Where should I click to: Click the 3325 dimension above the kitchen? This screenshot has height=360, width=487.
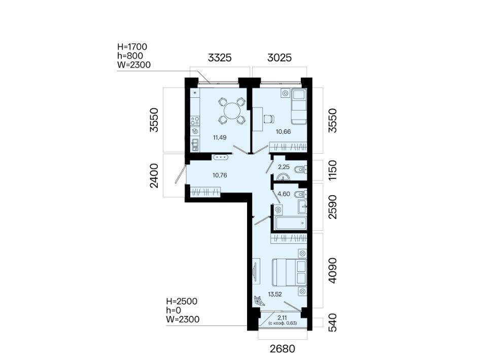coord(220,58)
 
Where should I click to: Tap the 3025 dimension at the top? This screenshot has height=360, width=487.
coord(280,58)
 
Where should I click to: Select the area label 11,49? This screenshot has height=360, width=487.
coord(220,137)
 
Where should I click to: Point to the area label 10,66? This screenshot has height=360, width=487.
coord(283,132)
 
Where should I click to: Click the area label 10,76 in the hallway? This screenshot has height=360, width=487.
coord(220,175)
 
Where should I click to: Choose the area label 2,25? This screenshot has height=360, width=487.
coord(284,167)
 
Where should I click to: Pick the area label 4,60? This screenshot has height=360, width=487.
coord(284,194)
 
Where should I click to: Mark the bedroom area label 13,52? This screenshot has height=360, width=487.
coord(275,294)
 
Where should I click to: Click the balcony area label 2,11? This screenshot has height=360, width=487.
coord(283,317)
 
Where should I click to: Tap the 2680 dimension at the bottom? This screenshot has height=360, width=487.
coord(283,349)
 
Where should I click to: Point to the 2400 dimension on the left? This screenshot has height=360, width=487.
coord(154,175)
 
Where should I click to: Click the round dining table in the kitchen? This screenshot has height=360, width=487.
coord(232,111)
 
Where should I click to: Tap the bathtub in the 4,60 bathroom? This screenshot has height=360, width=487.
coord(291,223)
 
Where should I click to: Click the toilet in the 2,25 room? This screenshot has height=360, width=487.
coord(300,170)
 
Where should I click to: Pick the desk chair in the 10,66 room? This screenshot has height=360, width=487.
coord(269,119)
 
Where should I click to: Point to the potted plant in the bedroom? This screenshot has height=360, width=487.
coord(258,300)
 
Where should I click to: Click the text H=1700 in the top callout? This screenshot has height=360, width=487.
coord(132,47)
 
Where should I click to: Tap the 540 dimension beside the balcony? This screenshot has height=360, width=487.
coord(332,323)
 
